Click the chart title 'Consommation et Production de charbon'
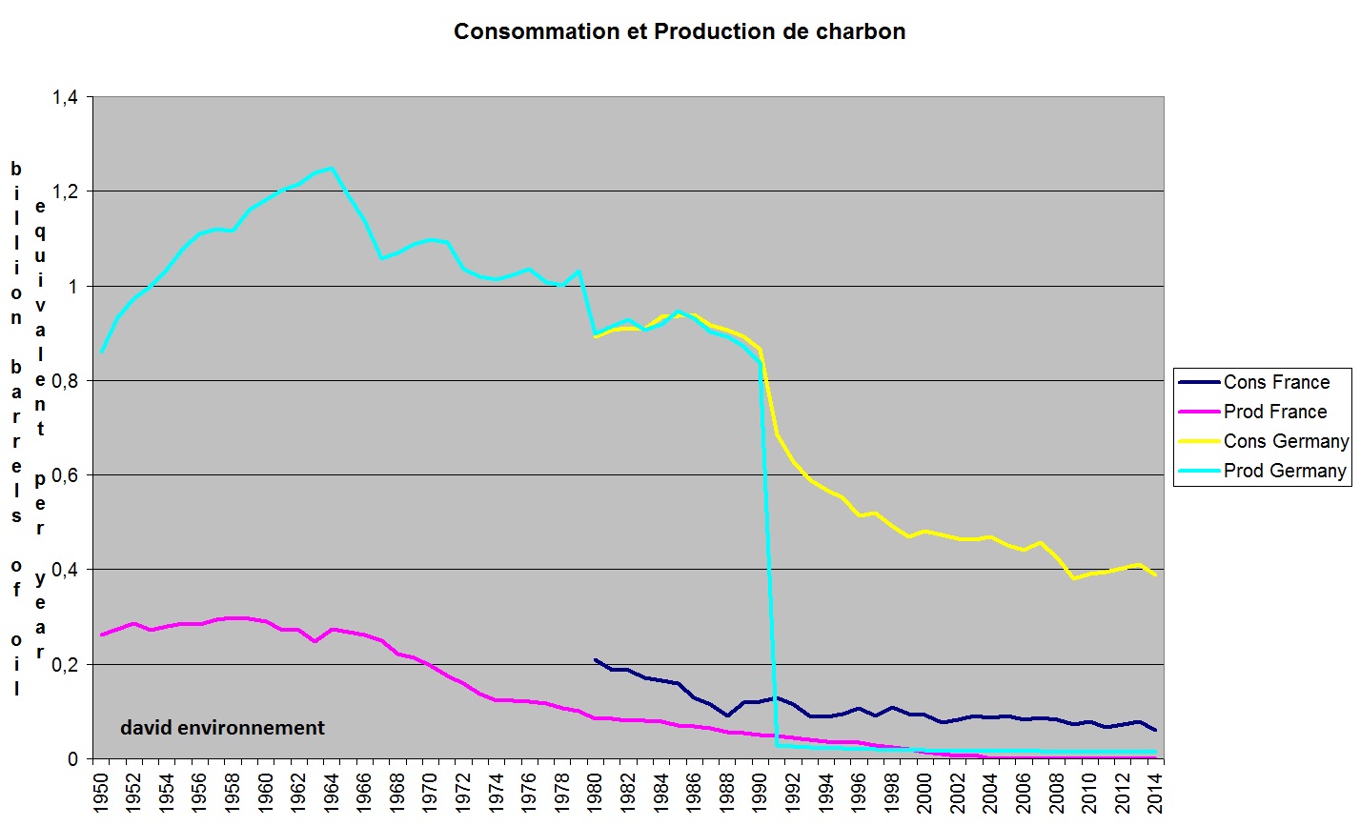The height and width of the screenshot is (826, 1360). click(x=680, y=31)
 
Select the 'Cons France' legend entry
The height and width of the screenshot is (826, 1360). click(x=1276, y=382)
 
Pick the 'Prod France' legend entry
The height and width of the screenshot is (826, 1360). click(x=1275, y=412)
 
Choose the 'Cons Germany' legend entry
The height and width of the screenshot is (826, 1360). click(x=1286, y=441)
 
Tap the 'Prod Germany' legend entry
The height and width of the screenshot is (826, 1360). click(x=1285, y=471)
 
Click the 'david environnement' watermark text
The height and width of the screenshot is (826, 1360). click(x=222, y=728)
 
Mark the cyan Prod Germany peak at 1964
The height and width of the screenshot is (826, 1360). click(x=331, y=169)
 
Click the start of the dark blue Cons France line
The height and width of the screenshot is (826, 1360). click(x=595, y=659)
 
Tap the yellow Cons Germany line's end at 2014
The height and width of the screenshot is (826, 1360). click(x=1155, y=574)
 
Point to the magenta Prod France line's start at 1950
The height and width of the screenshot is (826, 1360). click(x=101, y=635)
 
